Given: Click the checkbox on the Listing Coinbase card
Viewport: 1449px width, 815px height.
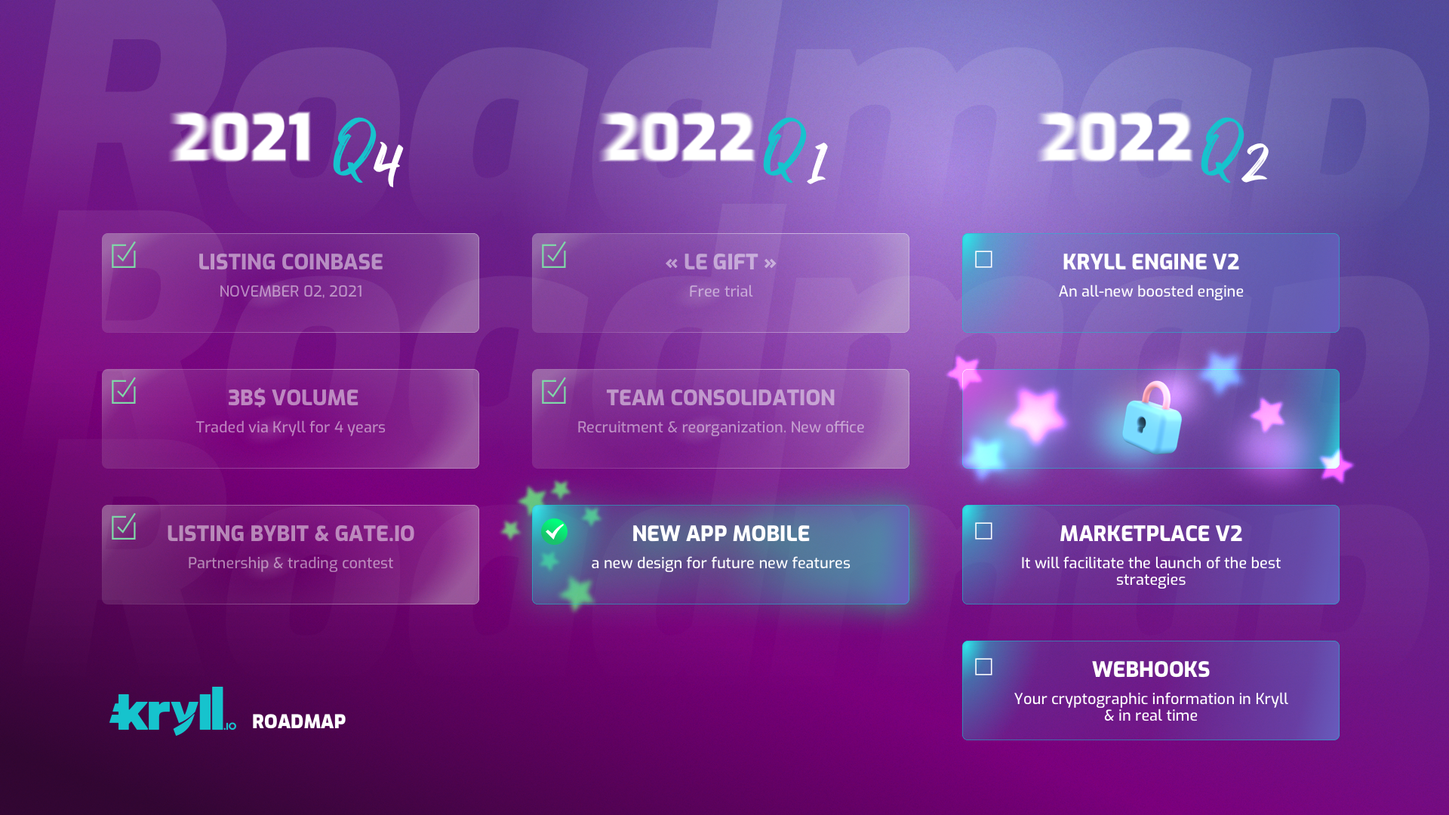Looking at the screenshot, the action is pyautogui.click(x=124, y=255).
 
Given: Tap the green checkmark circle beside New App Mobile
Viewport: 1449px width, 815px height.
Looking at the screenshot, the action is pyautogui.click(x=554, y=531).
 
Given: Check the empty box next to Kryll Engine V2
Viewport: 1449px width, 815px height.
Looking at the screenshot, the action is pyautogui.click(x=983, y=260).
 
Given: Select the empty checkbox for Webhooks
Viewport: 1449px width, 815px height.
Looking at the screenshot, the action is pyautogui.click(x=983, y=667).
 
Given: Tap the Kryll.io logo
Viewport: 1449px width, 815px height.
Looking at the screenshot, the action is pyautogui.click(x=173, y=711).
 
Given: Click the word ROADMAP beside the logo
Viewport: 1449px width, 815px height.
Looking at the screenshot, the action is pyautogui.click(x=299, y=721).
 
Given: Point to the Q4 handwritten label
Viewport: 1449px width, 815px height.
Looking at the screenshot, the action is pyautogui.click(x=368, y=152).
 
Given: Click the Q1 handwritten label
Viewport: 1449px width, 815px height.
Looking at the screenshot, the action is pyautogui.click(x=795, y=151).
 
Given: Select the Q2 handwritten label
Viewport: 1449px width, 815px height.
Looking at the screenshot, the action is pyautogui.click(x=1234, y=150).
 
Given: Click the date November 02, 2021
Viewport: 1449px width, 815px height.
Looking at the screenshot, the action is pyautogui.click(x=291, y=291).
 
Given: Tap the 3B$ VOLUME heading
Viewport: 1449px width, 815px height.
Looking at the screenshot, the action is pyautogui.click(x=293, y=398).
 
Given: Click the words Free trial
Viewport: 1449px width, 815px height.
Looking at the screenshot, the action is pyautogui.click(x=721, y=291).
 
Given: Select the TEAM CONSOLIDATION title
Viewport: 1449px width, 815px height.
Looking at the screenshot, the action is pyautogui.click(x=721, y=398).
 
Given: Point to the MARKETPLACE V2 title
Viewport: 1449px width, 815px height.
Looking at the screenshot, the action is pyautogui.click(x=1151, y=534).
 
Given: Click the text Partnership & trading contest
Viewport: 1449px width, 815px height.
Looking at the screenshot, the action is pyautogui.click(x=291, y=563).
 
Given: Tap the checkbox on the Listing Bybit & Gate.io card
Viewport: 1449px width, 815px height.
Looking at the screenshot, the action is pyautogui.click(x=124, y=527).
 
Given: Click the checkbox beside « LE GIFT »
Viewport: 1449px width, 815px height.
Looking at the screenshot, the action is pyautogui.click(x=554, y=255).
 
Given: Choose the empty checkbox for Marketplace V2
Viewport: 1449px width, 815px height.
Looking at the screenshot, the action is pyautogui.click(x=983, y=531).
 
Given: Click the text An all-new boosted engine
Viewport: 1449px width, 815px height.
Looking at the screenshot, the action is pyautogui.click(x=1151, y=291).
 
